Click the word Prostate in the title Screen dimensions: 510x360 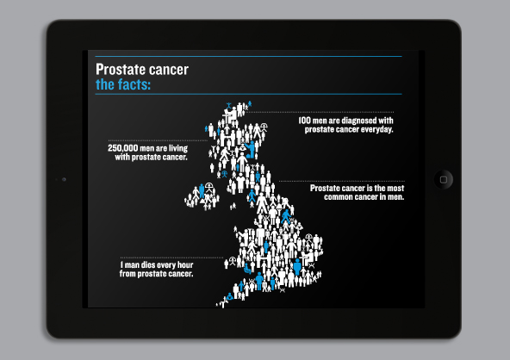point(118,70)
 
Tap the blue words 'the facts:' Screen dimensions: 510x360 point(123,84)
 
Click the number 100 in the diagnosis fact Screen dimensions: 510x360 point(304,121)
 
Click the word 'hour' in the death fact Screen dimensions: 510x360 point(185,265)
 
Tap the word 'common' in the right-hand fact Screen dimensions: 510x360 point(336,196)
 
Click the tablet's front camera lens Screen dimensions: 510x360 point(64,179)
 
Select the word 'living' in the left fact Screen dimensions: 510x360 point(178,149)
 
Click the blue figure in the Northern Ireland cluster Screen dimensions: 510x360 point(202,190)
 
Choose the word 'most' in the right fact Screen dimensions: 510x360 point(395,189)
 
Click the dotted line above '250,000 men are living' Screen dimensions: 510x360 point(158,140)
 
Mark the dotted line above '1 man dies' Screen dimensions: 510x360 point(171,258)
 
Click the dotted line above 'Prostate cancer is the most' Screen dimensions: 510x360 point(341,181)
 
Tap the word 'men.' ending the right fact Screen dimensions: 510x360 point(395,196)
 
